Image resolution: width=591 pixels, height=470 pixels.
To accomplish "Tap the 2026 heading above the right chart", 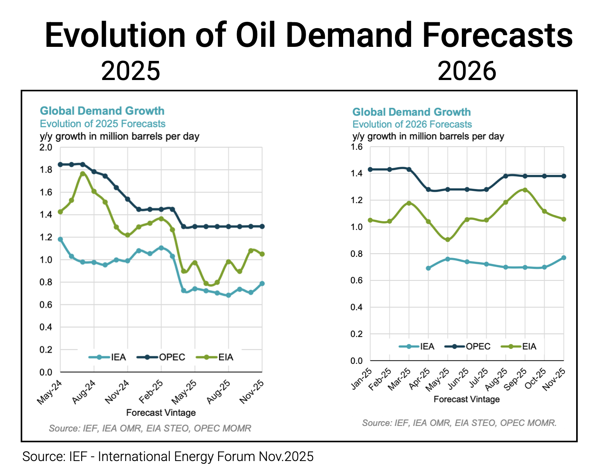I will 466,71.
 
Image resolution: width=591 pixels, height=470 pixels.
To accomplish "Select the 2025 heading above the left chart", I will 131,71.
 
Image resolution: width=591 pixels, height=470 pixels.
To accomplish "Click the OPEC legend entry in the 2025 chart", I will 172,357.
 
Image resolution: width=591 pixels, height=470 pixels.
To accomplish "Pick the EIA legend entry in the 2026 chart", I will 529,346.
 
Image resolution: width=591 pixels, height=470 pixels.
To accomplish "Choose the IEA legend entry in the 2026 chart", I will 427,346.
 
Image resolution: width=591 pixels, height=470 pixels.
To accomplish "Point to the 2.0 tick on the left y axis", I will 46,148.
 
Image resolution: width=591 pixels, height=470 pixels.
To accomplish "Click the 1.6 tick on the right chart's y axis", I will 357,147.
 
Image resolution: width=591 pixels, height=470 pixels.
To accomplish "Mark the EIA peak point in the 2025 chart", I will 83,174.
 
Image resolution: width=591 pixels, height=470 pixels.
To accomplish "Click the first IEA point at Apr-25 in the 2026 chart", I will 428,268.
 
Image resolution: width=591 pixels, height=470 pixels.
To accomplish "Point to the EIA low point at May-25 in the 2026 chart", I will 447,240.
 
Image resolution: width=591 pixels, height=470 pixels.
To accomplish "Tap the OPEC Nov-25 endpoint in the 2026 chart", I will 564,176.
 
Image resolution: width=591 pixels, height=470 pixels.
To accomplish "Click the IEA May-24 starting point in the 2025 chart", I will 60,239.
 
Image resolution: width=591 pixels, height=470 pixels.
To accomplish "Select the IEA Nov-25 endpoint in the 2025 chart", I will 262,283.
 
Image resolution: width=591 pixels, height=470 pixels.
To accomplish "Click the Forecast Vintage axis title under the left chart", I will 161,413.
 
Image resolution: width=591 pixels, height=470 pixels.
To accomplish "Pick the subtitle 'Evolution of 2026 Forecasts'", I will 412,125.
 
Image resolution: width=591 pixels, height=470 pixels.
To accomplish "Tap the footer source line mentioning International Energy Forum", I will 168,456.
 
